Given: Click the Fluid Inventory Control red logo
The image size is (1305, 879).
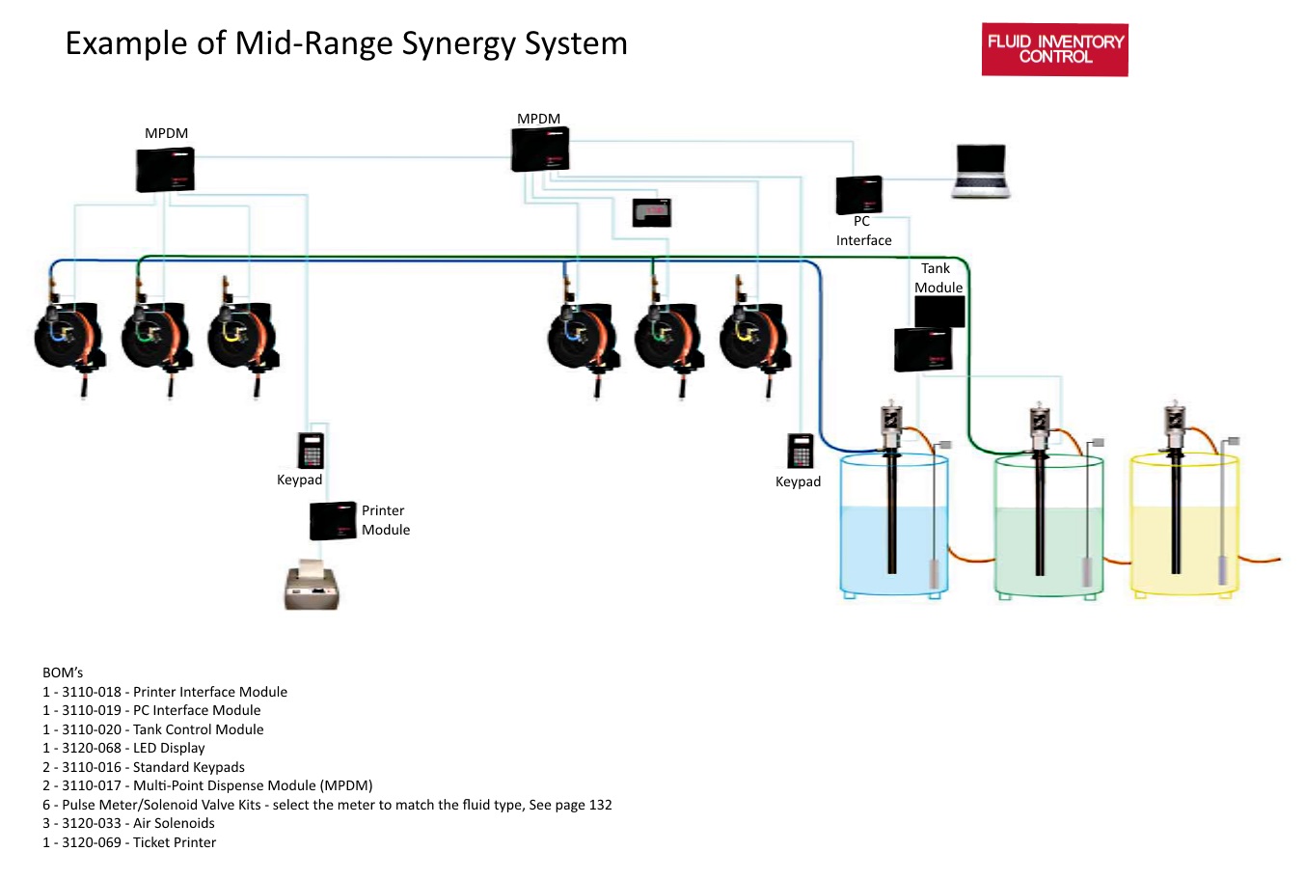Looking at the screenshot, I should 1054,50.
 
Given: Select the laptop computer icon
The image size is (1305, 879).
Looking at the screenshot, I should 980,172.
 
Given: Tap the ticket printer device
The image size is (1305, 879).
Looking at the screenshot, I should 312,586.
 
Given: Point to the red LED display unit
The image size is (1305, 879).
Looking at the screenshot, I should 651,212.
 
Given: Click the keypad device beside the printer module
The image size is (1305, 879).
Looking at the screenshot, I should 311,450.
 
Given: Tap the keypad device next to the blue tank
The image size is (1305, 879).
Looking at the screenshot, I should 800,451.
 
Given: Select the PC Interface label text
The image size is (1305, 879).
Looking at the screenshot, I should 863,231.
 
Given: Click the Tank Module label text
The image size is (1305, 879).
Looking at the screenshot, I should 938,278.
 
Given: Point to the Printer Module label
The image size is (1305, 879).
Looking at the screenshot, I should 385,520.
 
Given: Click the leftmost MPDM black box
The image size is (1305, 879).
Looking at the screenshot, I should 166,170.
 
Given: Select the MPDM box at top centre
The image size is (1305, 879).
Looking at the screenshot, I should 539,150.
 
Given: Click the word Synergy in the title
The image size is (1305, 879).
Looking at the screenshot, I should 459,43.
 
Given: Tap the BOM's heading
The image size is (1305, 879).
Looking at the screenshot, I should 63,673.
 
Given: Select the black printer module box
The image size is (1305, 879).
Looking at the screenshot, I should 333,521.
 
